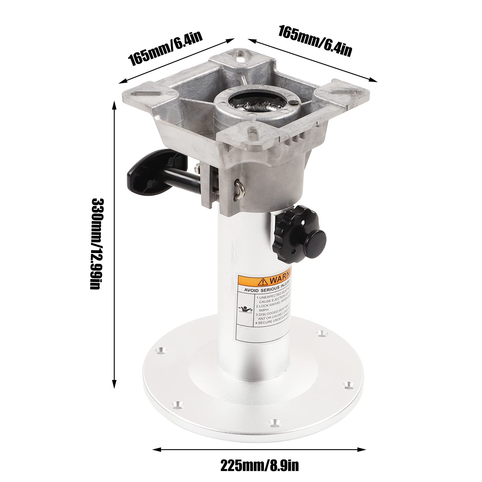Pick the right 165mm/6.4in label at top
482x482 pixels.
click(315, 41)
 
